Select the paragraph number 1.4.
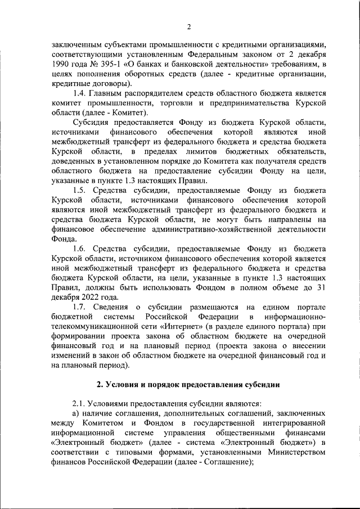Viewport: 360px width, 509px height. tap(82, 93)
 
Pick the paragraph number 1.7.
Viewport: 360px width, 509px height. tap(82, 307)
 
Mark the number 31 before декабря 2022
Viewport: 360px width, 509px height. tap(321, 287)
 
